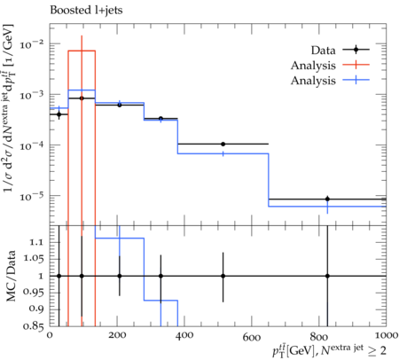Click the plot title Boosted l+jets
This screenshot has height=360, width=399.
86,11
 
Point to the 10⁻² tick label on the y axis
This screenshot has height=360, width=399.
32,44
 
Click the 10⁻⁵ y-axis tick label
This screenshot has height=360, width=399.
32,196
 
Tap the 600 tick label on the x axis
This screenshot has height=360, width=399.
251,336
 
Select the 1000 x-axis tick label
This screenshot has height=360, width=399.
385,336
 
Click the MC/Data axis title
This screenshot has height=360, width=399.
11,276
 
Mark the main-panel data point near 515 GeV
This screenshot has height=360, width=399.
223,144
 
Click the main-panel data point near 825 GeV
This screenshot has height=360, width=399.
327,199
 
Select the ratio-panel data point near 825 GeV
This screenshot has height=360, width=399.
327,276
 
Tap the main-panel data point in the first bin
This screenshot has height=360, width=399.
59,114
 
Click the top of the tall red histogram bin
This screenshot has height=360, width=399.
82,51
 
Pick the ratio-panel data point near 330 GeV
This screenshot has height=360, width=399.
160,276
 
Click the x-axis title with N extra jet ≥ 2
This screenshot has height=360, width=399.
329,350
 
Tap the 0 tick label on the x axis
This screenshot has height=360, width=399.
50,336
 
